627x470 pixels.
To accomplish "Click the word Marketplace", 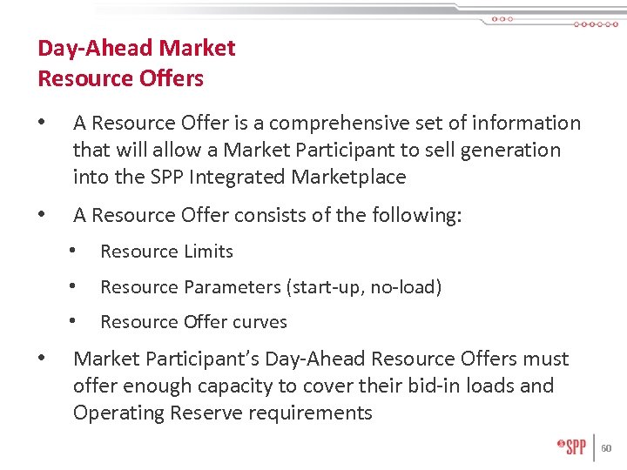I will tap(348, 178).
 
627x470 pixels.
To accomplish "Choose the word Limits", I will tap(207, 252).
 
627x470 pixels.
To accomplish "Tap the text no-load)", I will tap(407, 287).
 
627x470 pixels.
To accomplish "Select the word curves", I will tap(259, 322).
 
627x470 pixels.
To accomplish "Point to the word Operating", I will tap(114, 413).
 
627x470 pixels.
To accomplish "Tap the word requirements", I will tap(311, 413).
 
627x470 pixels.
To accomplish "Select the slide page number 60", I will tap(607, 448).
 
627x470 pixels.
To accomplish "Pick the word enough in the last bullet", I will tap(153, 386).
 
